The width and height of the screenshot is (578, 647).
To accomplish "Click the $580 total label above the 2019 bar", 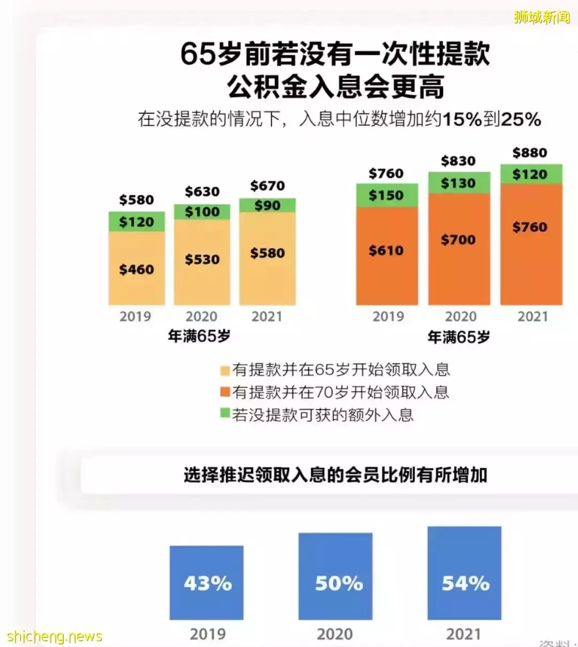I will [136, 200].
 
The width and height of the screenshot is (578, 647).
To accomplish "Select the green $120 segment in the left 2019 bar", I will [136, 222].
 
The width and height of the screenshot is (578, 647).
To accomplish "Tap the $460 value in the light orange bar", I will [136, 269].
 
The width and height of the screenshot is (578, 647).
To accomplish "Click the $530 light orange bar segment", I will [202, 260].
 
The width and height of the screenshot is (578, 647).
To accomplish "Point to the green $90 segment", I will [267, 205].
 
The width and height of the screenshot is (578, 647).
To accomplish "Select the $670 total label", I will [267, 186].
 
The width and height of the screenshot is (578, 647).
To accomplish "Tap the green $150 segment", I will [386, 195].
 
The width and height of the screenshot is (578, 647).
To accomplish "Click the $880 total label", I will [530, 153].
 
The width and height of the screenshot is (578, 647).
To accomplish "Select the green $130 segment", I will [459, 183].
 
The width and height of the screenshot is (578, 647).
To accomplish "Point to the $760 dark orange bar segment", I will [530, 227].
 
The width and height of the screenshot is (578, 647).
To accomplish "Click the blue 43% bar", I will [207, 583].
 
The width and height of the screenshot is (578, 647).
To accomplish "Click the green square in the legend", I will [225, 414].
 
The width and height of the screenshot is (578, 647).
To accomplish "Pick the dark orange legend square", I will [225, 392].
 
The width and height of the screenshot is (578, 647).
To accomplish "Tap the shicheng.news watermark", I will [54, 636].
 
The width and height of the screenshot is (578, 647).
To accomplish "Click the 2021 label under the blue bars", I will [463, 634].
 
